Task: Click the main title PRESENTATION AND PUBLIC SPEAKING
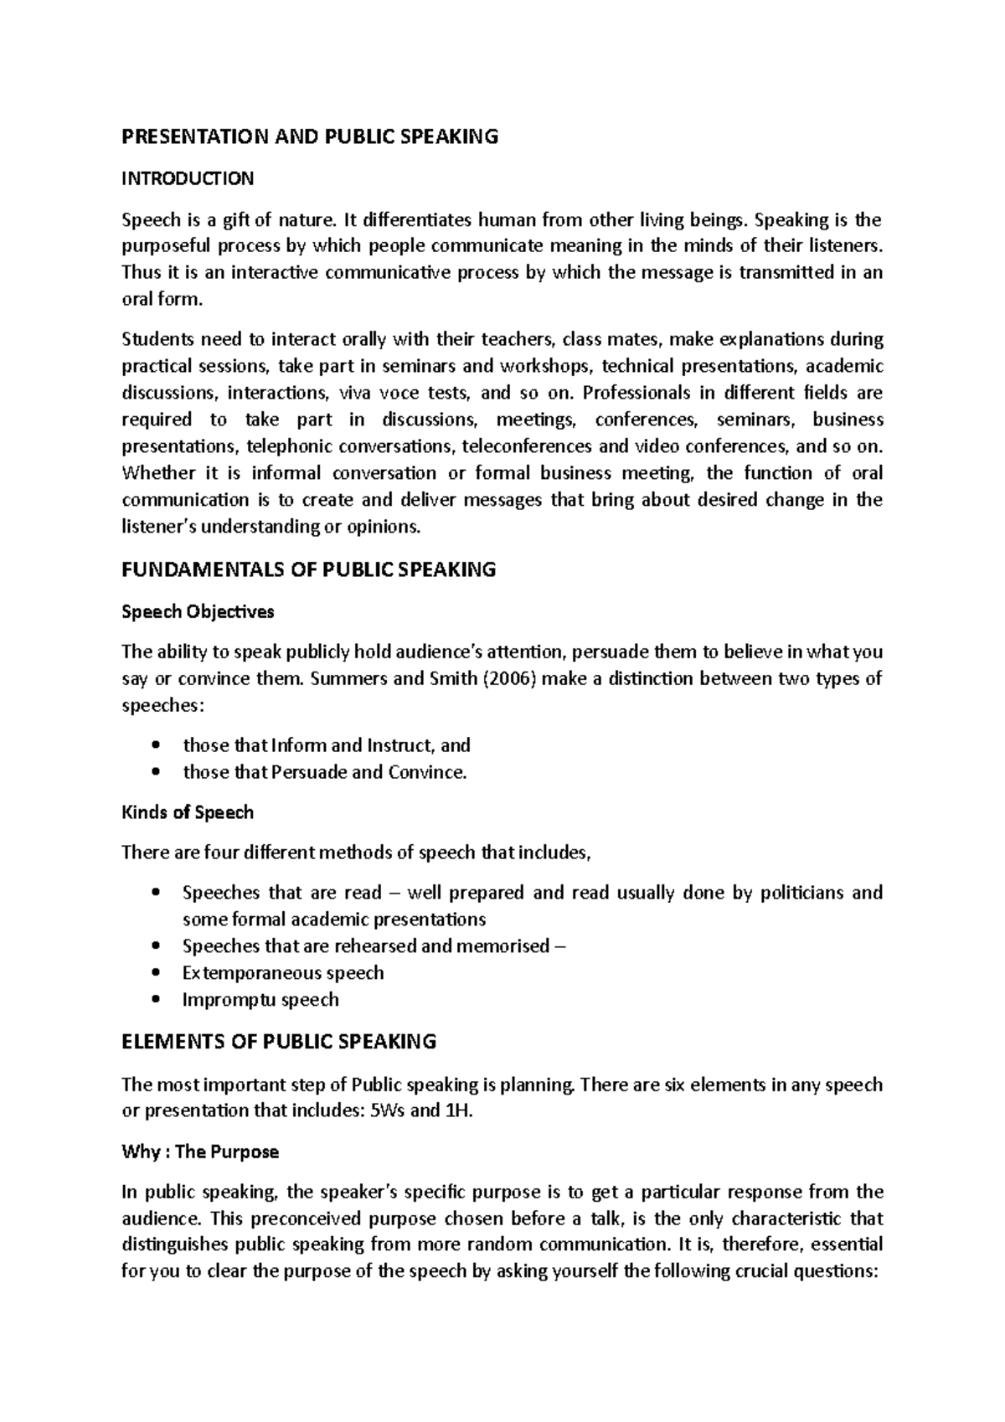[310, 137]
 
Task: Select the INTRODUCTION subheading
[188, 178]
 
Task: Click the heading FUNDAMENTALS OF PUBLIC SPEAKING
[309, 570]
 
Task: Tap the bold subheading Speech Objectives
[198, 612]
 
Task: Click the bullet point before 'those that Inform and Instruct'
[157, 746]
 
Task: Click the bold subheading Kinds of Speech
[188, 812]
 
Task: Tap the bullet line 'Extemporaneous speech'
[283, 973]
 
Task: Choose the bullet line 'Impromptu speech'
[260, 1000]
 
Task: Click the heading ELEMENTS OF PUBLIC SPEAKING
[279, 1043]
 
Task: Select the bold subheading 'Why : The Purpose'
[200, 1152]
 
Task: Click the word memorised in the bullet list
[502, 946]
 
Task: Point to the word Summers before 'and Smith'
[347, 678]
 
